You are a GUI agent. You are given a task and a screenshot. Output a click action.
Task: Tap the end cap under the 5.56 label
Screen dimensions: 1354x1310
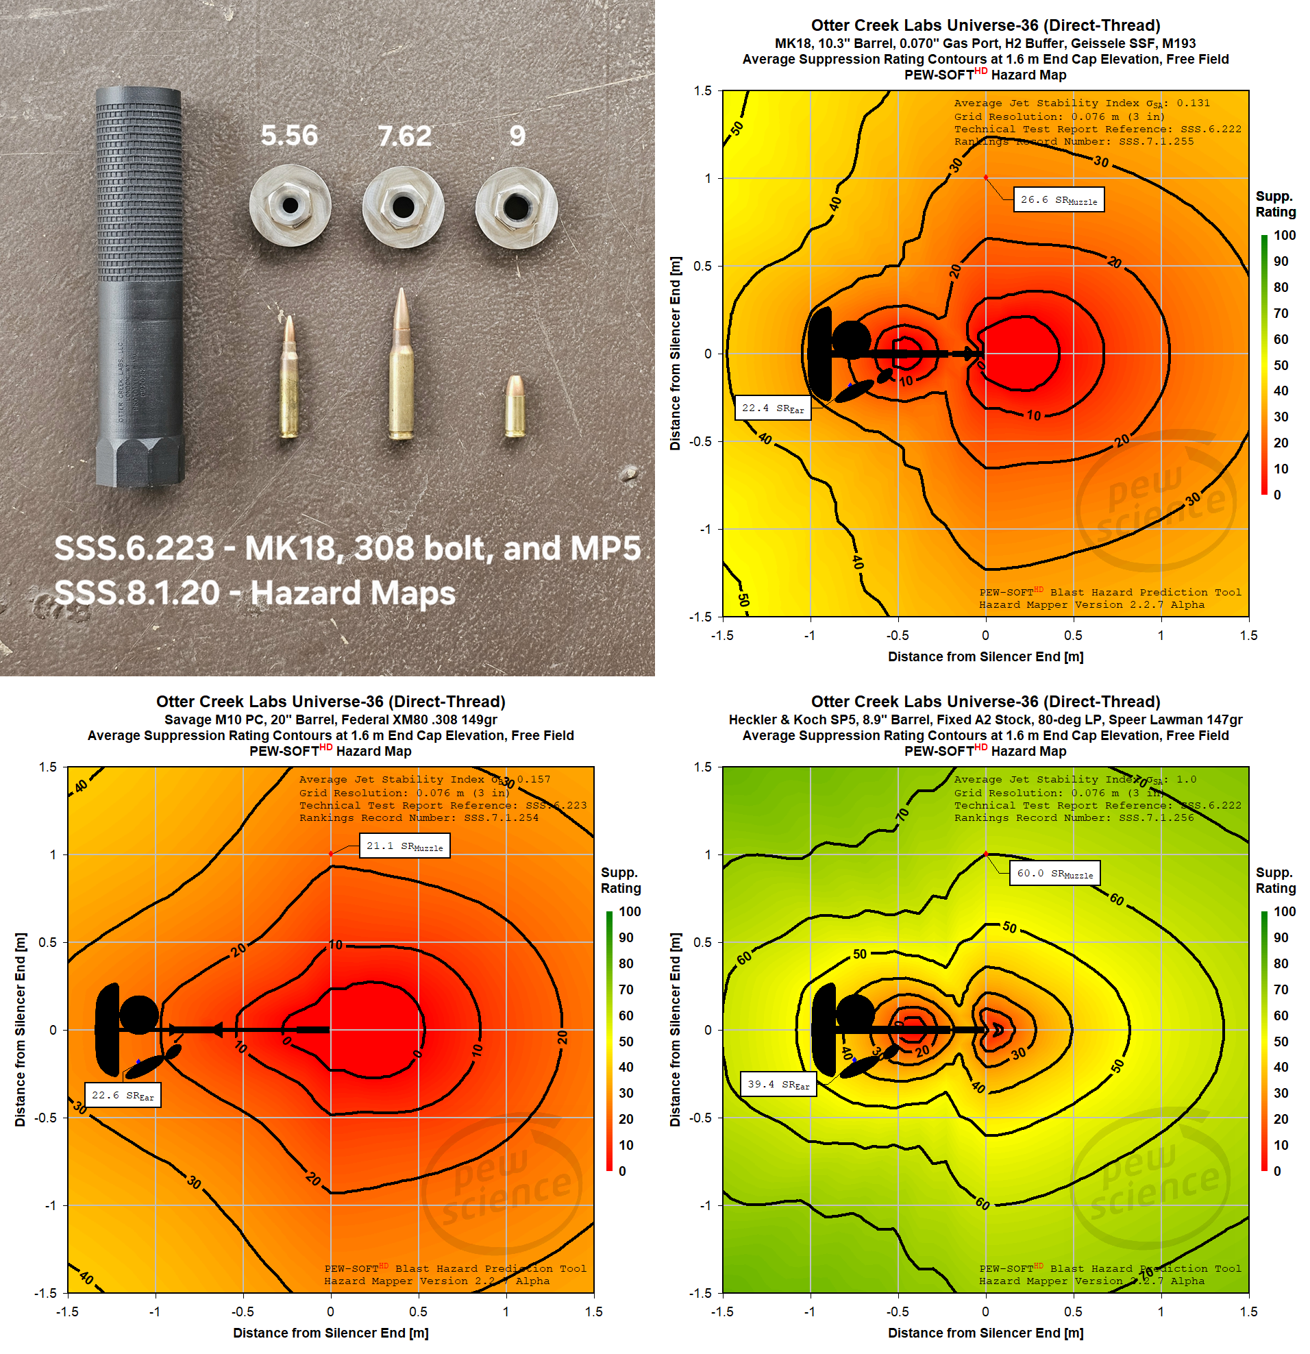pyautogui.click(x=290, y=206)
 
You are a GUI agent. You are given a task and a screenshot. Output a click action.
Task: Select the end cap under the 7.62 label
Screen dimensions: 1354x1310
pyautogui.click(x=404, y=206)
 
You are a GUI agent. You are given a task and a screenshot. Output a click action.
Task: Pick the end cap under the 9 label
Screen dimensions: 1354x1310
pyautogui.click(x=516, y=206)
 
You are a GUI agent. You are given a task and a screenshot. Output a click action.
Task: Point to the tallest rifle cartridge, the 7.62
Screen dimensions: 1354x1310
pyautogui.click(x=401, y=365)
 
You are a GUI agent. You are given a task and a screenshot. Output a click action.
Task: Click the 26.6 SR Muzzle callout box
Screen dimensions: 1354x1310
pyautogui.click(x=1058, y=199)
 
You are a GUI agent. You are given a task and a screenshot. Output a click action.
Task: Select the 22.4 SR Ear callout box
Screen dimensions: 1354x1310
pyautogui.click(x=772, y=408)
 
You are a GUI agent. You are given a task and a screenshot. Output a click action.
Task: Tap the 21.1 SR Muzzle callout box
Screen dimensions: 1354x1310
pyautogui.click(x=404, y=846)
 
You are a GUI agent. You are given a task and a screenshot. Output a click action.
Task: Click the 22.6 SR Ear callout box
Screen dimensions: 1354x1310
pyautogui.click(x=122, y=1095)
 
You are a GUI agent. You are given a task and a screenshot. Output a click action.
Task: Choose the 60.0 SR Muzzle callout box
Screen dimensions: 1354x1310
pyautogui.click(x=1054, y=874)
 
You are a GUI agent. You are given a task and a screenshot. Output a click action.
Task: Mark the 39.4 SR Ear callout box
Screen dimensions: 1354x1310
pyautogui.click(x=778, y=1084)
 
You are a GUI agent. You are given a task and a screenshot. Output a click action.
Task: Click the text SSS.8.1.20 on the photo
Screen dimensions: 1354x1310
pyautogui.click(x=137, y=593)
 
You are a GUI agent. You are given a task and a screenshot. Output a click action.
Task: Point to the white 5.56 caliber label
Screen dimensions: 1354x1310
pyautogui.click(x=289, y=136)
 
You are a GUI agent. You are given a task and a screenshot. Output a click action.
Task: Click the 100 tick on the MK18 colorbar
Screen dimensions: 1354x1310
pyautogui.click(x=1284, y=236)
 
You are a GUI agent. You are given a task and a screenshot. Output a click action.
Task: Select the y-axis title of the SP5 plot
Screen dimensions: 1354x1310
pyautogui.click(x=675, y=1030)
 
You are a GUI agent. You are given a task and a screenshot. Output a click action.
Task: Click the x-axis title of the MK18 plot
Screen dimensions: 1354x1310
pyautogui.click(x=985, y=657)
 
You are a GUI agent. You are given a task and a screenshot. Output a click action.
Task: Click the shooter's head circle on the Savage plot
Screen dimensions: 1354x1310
pyautogui.click(x=139, y=1015)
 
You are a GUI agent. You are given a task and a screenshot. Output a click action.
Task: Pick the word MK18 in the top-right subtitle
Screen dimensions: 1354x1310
pyautogui.click(x=793, y=44)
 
